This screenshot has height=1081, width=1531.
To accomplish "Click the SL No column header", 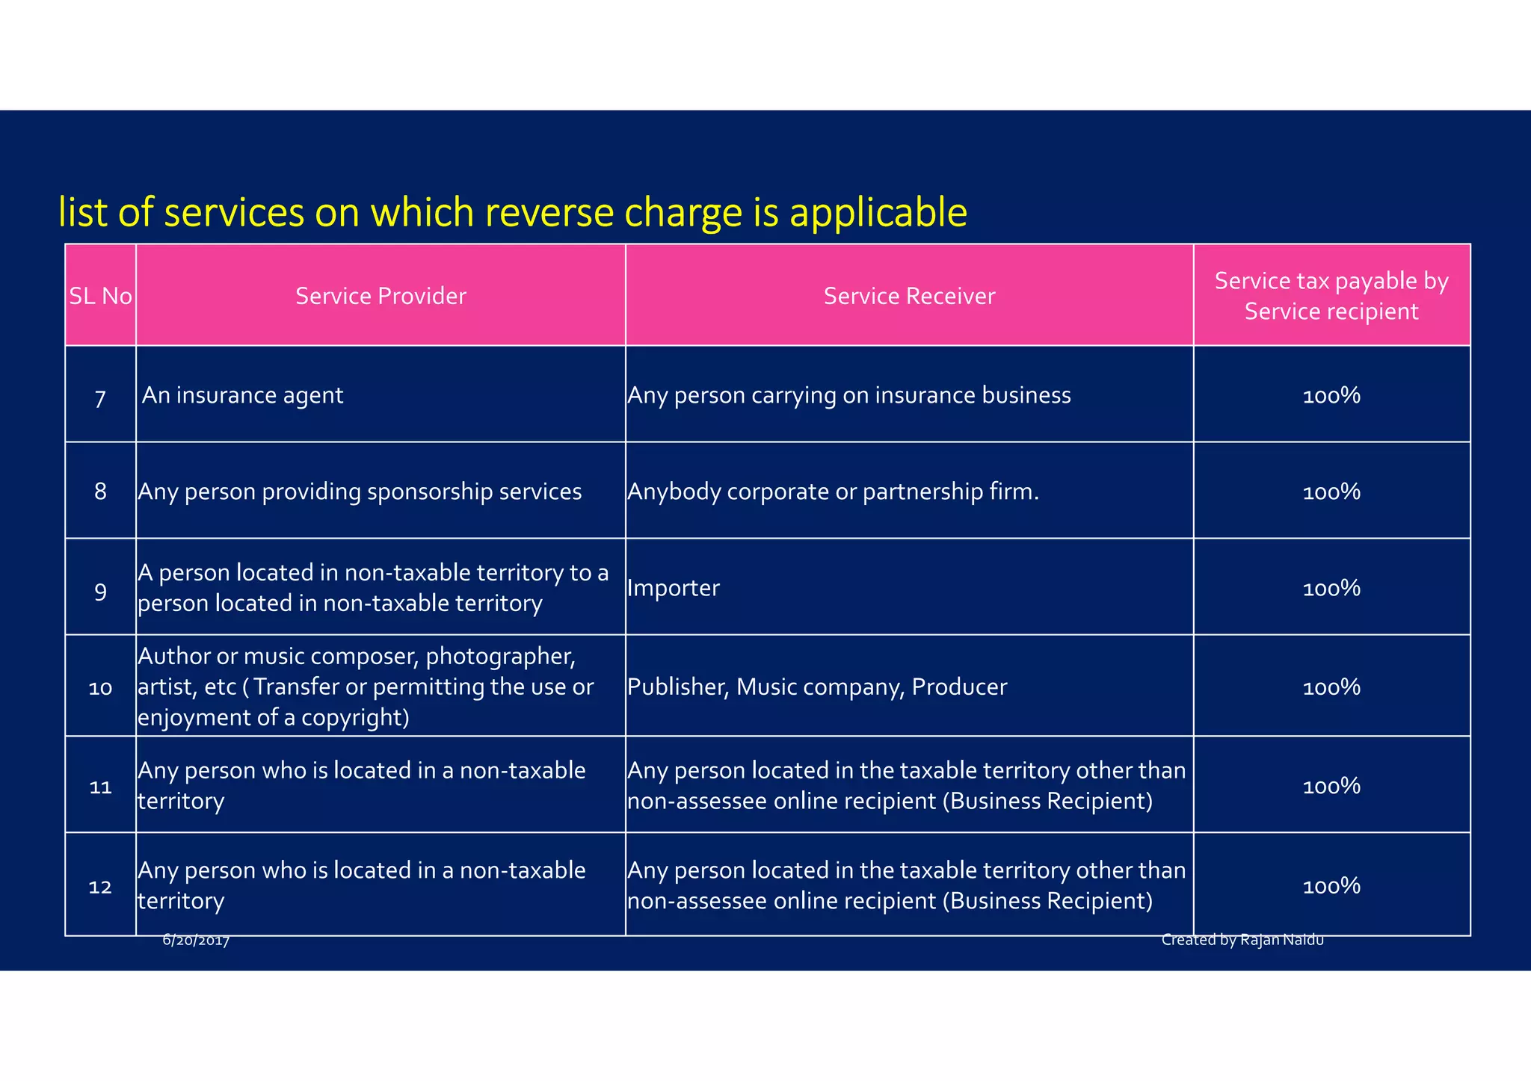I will click(x=100, y=296).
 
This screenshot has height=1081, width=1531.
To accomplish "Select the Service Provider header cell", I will click(x=381, y=296).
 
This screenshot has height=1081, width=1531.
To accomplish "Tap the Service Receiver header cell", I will click(x=909, y=296).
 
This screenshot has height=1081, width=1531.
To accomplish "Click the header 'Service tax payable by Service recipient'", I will click(x=1331, y=296).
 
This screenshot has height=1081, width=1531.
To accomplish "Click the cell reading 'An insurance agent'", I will click(x=242, y=395).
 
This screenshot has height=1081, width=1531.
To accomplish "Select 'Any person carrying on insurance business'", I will click(x=849, y=395).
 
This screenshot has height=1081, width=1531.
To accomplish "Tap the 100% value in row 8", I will click(x=1331, y=492).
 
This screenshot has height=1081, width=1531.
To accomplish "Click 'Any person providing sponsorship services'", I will click(x=360, y=492).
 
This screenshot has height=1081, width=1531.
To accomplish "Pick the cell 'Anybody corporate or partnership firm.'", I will click(x=833, y=492).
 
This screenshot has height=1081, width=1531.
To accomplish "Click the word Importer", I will click(x=673, y=588).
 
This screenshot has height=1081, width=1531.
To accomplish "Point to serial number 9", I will click(x=100, y=592).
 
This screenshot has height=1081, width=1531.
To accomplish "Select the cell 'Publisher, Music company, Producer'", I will click(x=817, y=687).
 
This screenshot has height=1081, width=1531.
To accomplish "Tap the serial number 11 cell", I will click(x=100, y=787).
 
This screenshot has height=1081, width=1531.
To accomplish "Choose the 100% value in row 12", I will click(x=1331, y=886).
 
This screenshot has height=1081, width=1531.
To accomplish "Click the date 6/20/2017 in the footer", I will click(x=196, y=941).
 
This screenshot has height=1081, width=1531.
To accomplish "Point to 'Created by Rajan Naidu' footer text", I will click(x=1242, y=940).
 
